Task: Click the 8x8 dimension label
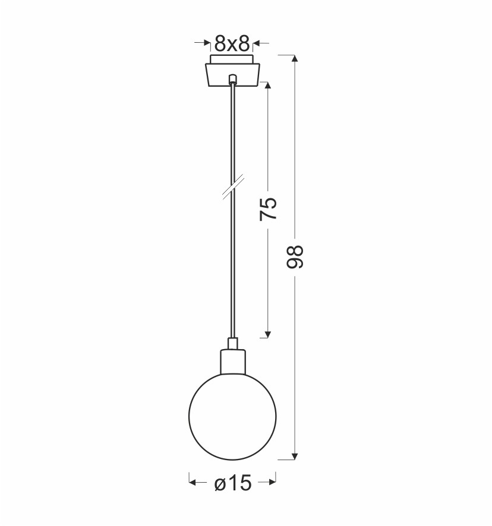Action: (x=232, y=43)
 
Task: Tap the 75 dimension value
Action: (x=268, y=209)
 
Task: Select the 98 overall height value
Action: (x=295, y=257)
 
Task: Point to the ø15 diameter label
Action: (x=233, y=483)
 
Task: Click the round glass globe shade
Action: (x=232, y=416)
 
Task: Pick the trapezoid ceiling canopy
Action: (x=232, y=75)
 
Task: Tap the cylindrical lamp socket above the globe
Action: (x=232, y=362)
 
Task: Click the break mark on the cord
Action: (x=233, y=187)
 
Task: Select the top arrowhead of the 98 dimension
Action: (x=295, y=58)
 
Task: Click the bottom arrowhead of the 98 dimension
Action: (x=295, y=456)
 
